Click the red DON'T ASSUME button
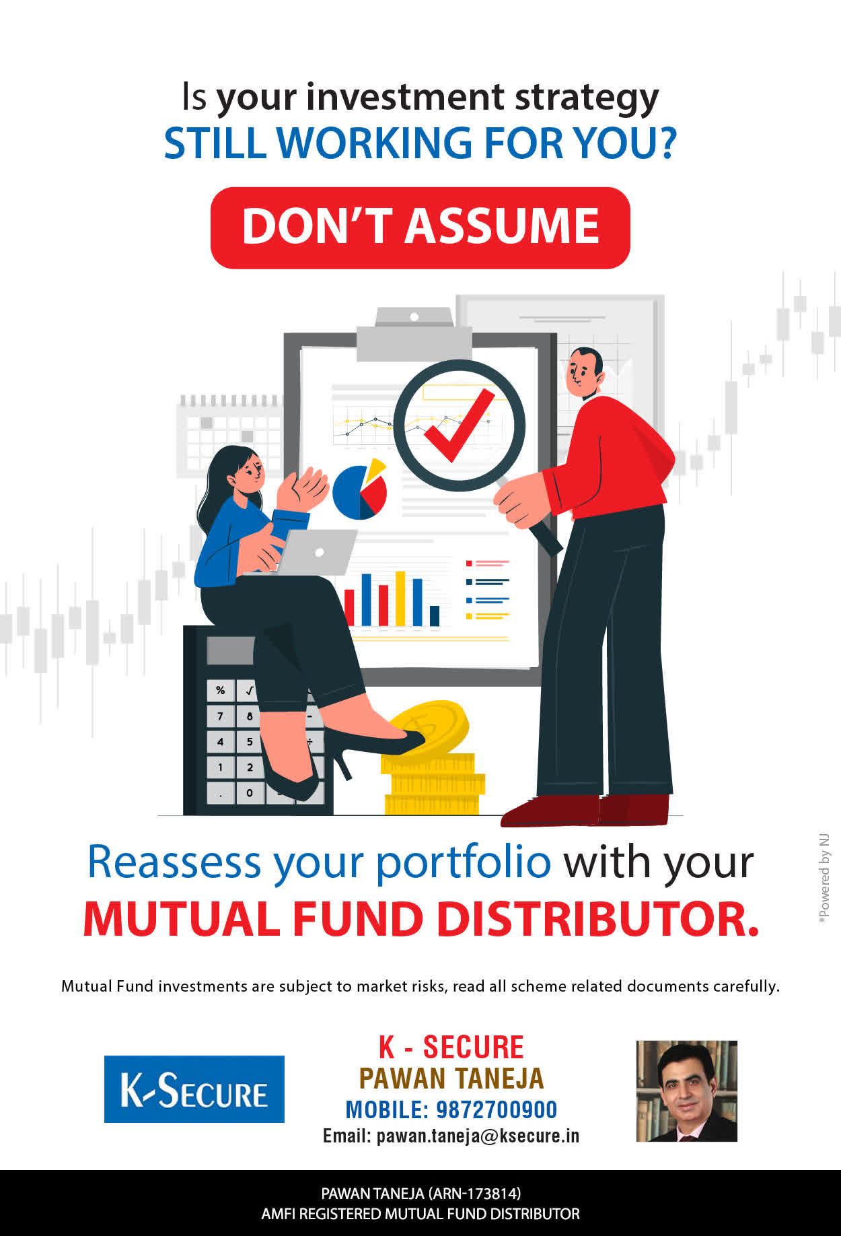pyautogui.click(x=420, y=228)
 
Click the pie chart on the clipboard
pyautogui.click(x=360, y=489)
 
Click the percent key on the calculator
pyautogui.click(x=221, y=691)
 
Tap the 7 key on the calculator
pyautogui.click(x=221, y=716)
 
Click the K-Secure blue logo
pyautogui.click(x=194, y=1089)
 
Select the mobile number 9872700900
pyautogui.click(x=497, y=1109)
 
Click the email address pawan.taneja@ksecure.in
pyautogui.click(x=478, y=1136)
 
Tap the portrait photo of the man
pyautogui.click(x=687, y=1091)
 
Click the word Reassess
pyautogui.click(x=174, y=862)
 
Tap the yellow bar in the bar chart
pyautogui.click(x=400, y=598)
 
